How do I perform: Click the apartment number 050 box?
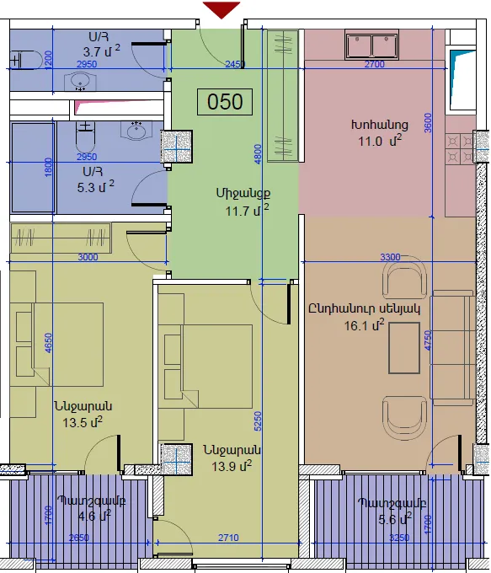pos(225,102)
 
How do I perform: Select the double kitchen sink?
pos(371,46)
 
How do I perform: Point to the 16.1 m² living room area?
pos(364,325)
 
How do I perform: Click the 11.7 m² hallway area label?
pos(247,211)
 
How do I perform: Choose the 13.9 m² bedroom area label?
pos(232,466)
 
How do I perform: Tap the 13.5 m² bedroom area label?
pos(83,422)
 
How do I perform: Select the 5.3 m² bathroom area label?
pos(95,187)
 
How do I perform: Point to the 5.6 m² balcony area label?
pos(395,519)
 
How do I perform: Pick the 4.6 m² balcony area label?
pos(94,516)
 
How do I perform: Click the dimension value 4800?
pos(258,154)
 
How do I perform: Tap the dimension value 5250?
pos(258,421)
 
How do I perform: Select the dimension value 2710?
pos(228,538)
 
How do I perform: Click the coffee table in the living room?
pos(403,348)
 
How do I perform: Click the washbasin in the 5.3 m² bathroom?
pos(136,131)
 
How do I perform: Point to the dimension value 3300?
pos(390,257)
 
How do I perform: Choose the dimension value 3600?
pos(428,123)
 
